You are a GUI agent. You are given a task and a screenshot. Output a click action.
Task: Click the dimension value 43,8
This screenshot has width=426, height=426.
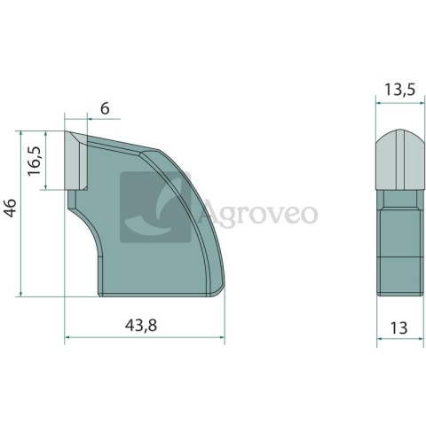point(141,326)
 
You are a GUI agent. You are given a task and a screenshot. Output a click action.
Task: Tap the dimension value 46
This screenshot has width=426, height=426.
point(11,208)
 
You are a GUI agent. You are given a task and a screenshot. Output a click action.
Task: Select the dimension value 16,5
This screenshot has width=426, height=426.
point(35,160)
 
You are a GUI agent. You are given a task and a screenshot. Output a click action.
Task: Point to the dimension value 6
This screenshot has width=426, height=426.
point(105,109)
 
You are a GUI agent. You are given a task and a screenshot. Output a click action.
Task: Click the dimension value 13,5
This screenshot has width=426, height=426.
point(399,90)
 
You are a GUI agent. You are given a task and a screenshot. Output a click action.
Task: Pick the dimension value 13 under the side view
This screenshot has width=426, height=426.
point(398,328)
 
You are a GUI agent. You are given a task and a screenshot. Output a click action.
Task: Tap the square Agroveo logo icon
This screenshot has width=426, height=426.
point(155,207)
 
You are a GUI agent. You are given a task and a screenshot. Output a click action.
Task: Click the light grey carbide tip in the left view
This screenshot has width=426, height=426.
point(76,161)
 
